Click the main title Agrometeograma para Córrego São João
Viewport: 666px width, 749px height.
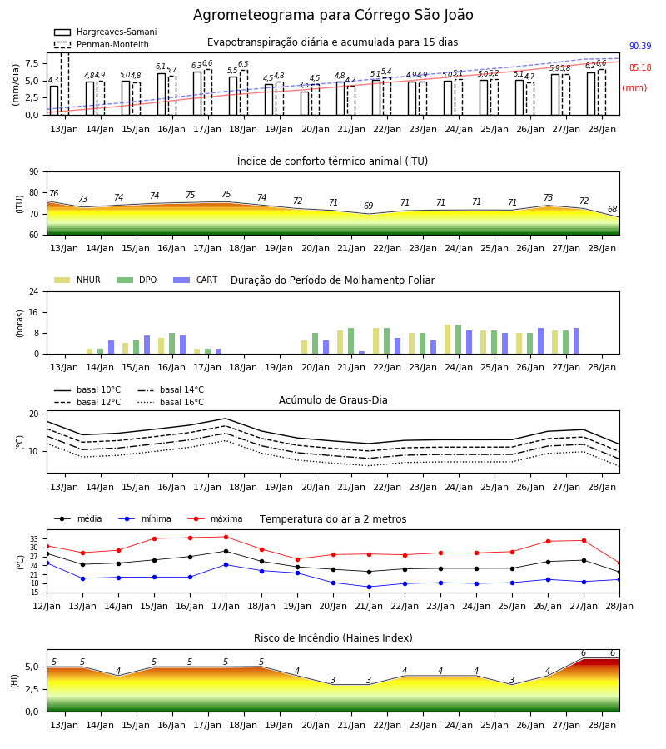[333, 15]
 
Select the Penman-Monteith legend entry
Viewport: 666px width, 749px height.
[102, 44]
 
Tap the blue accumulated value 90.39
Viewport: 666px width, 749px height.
[640, 46]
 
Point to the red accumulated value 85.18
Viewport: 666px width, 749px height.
[640, 67]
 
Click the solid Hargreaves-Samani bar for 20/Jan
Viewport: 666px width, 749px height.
[305, 103]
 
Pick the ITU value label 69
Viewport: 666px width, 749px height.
[368, 206]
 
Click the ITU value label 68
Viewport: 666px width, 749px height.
[613, 209]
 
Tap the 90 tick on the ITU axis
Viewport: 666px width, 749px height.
[33, 172]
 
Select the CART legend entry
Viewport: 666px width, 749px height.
[196, 280]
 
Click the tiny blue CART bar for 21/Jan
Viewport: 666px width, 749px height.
[361, 353]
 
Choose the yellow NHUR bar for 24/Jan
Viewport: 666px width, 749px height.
[448, 340]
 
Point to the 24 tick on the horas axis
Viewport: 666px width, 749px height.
[34, 291]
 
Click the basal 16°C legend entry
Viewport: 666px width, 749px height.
[171, 402]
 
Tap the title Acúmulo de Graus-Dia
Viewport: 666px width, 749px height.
[333, 399]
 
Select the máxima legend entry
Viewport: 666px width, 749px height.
[215, 518]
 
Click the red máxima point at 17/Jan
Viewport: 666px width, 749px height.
[226, 537]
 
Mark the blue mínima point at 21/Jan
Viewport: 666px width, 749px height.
[370, 587]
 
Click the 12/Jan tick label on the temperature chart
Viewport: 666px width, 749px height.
[47, 606]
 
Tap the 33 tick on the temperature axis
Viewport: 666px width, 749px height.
[34, 538]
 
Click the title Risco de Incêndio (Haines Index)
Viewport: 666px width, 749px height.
[333, 637]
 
